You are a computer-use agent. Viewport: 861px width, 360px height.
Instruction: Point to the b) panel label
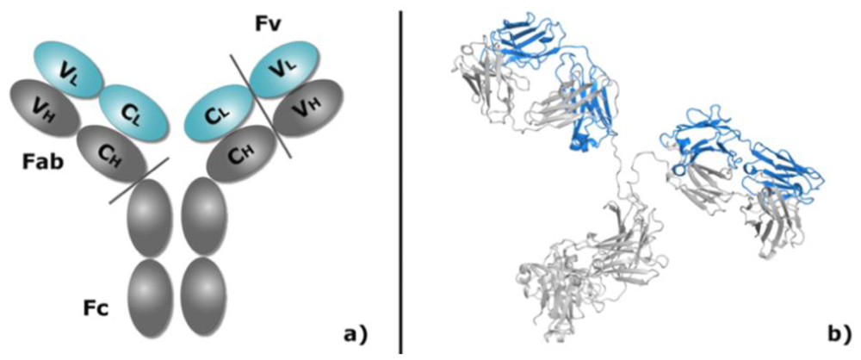833,332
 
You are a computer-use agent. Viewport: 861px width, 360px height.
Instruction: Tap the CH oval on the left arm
109,150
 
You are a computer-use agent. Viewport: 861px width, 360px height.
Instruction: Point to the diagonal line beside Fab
138,181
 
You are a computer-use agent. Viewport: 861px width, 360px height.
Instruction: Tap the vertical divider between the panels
401,180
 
